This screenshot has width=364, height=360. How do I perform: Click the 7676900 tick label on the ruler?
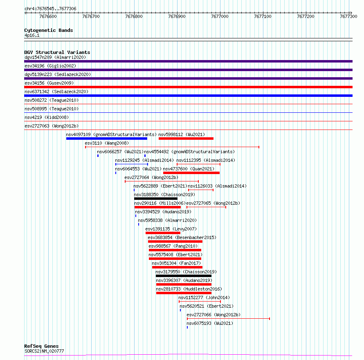click(x=177, y=16)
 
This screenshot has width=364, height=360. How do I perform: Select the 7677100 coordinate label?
click(x=263, y=16)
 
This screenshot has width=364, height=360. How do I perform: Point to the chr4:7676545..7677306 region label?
click(x=50, y=9)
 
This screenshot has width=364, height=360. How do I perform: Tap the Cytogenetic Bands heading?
click(x=49, y=30)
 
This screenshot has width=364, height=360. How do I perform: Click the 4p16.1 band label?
click(x=32, y=35)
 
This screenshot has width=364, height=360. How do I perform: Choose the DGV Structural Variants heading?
click(x=57, y=52)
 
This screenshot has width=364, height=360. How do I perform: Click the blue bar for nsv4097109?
click(x=107, y=139)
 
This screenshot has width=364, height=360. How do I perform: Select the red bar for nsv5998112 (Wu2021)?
click(x=186, y=139)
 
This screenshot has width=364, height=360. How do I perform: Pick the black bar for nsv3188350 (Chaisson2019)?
click(x=156, y=199)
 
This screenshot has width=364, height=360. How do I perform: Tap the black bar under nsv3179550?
click(x=184, y=276)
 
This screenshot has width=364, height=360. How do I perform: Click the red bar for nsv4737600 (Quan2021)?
click(x=191, y=173)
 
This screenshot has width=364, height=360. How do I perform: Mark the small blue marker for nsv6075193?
click(x=187, y=327)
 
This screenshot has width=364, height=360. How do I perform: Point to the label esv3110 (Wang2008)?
click(x=107, y=143)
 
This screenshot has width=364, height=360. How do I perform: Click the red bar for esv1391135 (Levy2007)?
click(x=163, y=233)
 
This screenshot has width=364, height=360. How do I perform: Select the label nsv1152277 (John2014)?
click(x=204, y=297)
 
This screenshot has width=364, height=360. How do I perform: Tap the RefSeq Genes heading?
click(x=41, y=346)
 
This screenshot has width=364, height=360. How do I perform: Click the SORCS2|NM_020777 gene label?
click(x=44, y=351)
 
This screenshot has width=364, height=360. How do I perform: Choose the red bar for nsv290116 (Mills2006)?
click(x=157, y=207)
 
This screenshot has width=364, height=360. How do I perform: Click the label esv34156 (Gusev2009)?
click(x=49, y=83)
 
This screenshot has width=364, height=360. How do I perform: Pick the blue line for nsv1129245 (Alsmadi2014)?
click(x=132, y=164)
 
